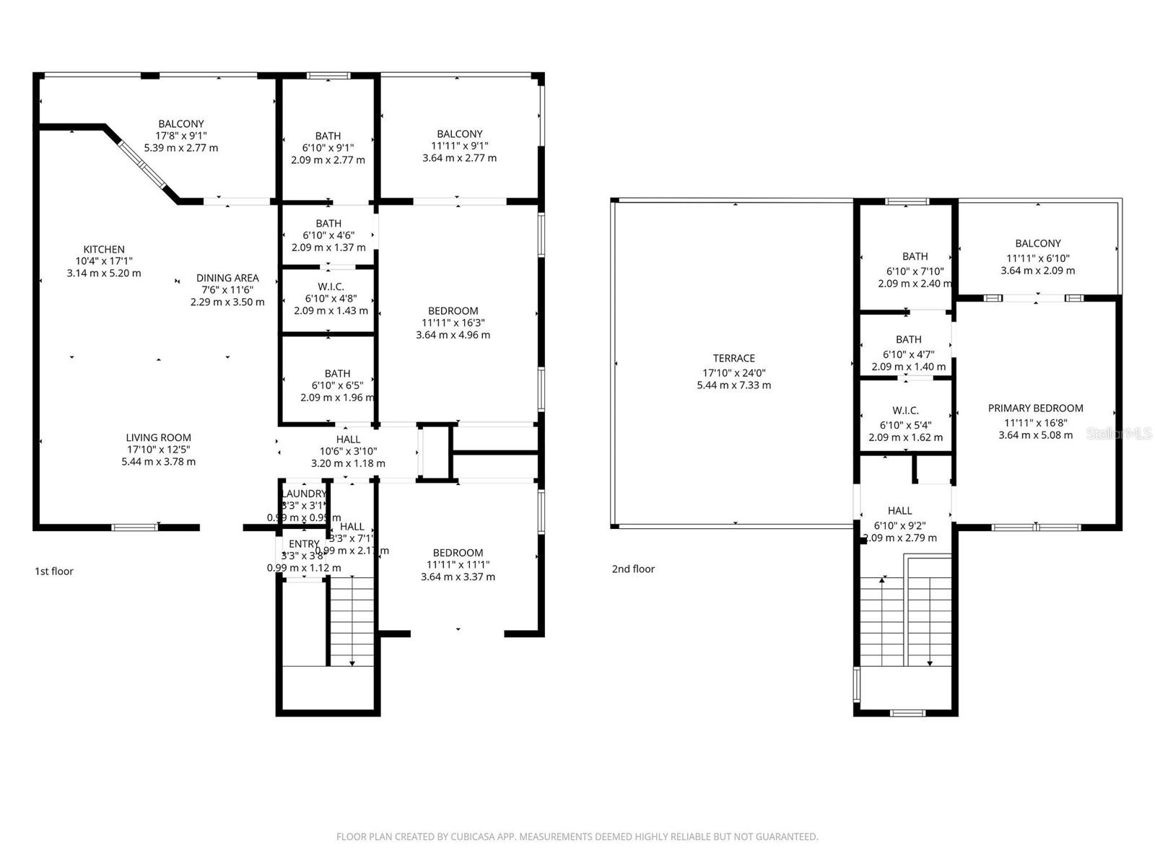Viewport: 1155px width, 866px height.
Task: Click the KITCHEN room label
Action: tap(104, 250)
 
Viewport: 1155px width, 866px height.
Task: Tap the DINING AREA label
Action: tap(227, 278)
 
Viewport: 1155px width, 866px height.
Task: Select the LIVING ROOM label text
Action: tap(158, 437)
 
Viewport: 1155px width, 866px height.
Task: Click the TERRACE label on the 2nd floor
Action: tap(733, 358)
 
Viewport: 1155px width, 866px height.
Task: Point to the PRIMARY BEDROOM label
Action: tap(1035, 408)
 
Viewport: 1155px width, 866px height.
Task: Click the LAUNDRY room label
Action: tap(303, 494)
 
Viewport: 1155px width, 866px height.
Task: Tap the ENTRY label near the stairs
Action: tap(303, 544)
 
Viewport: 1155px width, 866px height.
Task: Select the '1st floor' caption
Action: tap(54, 572)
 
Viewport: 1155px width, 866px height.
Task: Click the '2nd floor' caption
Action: tap(633, 569)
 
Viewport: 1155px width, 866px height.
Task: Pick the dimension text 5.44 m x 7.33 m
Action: tap(733, 385)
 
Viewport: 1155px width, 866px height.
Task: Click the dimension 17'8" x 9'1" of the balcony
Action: tap(181, 136)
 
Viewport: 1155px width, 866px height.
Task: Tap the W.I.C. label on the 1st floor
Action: tap(331, 287)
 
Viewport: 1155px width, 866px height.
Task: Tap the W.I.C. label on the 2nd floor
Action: tap(905, 411)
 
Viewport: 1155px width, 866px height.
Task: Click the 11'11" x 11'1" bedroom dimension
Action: tap(458, 565)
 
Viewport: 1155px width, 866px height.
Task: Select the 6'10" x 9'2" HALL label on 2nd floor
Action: tap(899, 511)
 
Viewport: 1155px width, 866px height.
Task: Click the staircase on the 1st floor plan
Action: tap(351, 621)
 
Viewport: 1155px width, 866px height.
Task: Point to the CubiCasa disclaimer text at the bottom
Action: tap(577, 837)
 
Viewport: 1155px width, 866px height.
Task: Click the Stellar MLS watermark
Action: tap(1118, 434)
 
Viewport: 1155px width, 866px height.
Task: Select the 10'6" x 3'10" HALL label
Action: tap(348, 439)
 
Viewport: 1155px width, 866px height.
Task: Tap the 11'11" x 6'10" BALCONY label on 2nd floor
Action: tap(1037, 244)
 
